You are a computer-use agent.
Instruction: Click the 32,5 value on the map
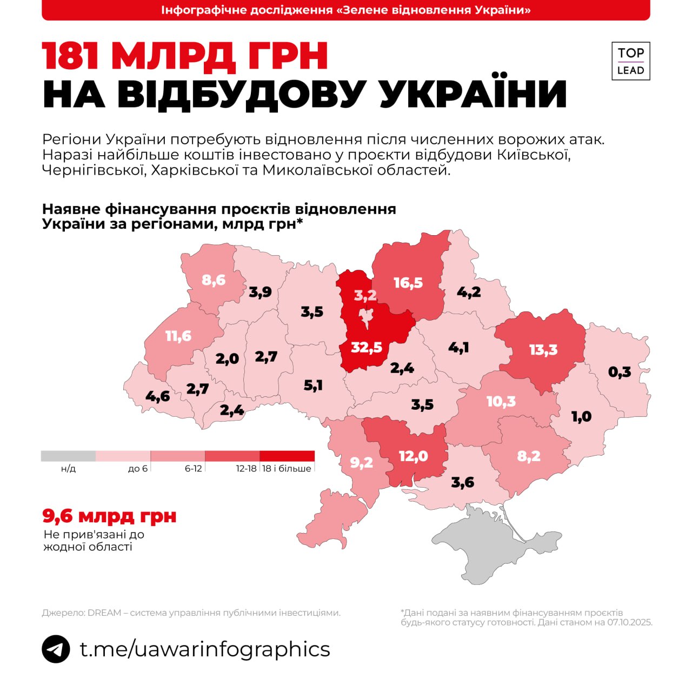point(366,347)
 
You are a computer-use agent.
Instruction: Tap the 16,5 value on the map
point(408,283)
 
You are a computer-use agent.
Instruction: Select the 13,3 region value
point(543,350)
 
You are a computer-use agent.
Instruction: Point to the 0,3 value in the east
point(620,372)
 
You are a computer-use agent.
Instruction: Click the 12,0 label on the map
point(413,456)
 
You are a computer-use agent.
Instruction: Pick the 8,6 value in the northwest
point(214,280)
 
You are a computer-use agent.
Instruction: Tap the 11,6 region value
point(178,336)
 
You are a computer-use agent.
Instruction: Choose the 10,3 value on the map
point(501,402)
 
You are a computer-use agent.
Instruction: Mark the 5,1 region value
point(313,385)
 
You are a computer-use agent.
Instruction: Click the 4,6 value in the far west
point(158,396)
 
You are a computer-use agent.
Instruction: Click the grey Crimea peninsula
point(487,546)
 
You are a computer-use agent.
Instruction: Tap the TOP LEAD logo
point(631,61)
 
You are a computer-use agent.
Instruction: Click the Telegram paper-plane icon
point(56,649)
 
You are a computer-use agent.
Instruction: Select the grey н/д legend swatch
point(68,456)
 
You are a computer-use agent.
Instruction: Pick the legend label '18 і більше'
point(287,469)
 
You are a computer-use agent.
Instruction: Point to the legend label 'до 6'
point(137,469)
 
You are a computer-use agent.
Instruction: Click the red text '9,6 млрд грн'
point(109,516)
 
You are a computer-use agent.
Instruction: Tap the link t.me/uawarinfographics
point(205,649)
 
